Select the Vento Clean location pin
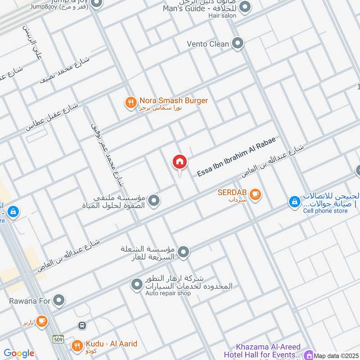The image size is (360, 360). click(x=238, y=44)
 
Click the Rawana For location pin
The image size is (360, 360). click(x=58, y=300)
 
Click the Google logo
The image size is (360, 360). click(x=19, y=353)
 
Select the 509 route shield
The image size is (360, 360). click(x=58, y=338)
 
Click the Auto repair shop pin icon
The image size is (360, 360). click(x=136, y=284)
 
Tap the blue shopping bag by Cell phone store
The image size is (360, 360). click(x=294, y=202)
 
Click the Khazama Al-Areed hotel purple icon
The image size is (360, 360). click(x=308, y=355)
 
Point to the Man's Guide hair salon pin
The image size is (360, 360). click(x=245, y=7)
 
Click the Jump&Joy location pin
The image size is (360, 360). click(x=96, y=4)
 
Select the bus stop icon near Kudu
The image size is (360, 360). click(x=82, y=325)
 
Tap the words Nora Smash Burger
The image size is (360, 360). click(x=173, y=101)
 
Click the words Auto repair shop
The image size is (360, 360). click(x=168, y=293)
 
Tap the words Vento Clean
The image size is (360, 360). click(x=208, y=44)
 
